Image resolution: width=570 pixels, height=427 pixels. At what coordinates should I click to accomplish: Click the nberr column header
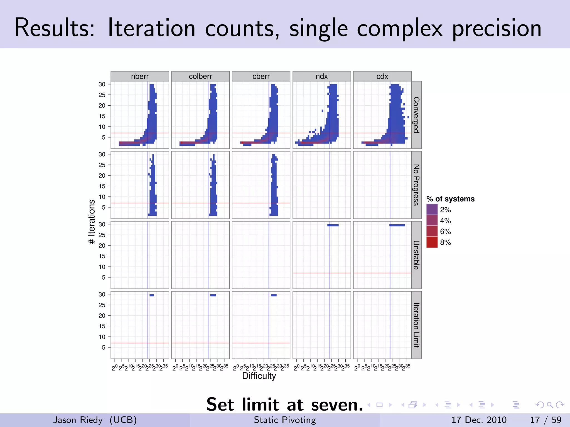point(140,76)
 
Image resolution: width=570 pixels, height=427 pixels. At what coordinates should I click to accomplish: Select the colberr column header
point(200,76)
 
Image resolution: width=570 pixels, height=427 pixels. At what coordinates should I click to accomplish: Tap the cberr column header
point(261,76)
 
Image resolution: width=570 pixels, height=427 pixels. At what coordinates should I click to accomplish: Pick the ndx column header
point(321,76)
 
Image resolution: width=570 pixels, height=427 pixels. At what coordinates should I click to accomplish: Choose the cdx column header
point(382,76)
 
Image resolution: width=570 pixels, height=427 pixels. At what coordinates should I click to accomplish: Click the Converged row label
point(416,115)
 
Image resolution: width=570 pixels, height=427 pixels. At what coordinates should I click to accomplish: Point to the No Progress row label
point(416,185)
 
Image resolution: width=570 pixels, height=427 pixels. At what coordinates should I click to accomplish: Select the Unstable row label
point(416,255)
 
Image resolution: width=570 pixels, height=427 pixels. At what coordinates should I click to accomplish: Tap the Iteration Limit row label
point(416,325)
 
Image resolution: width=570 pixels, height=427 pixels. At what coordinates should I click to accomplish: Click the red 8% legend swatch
point(432,242)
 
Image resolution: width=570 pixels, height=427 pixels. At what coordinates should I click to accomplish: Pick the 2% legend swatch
point(432,209)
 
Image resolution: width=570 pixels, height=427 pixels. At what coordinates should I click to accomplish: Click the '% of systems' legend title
point(450,199)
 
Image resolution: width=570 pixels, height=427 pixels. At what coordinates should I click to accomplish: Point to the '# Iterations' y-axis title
point(92,222)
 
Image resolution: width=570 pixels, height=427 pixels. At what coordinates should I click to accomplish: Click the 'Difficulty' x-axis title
point(259,376)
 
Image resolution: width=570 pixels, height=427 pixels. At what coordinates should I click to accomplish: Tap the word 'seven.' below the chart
point(337,405)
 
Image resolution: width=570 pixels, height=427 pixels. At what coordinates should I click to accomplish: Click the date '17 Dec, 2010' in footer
point(479,420)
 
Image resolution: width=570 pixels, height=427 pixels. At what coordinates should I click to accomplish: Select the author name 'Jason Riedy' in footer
point(78,420)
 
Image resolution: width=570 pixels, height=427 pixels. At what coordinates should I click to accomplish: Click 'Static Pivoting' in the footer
point(285,420)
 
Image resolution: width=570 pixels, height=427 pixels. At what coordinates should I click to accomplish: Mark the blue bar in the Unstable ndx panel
point(333,225)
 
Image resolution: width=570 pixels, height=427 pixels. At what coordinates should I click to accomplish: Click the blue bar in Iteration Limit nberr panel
point(152,295)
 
